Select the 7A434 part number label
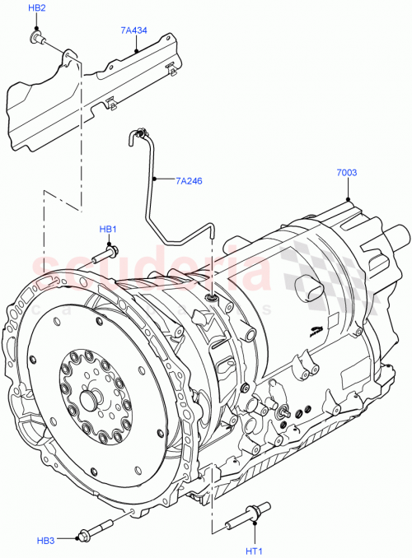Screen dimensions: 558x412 (x=133, y=30)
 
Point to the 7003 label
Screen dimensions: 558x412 (x=347, y=174)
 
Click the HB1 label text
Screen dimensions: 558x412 (x=108, y=229)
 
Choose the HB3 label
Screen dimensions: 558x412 (x=45, y=539)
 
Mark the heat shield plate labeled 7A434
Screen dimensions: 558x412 (x=91, y=91)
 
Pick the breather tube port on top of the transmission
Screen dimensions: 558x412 (x=211, y=295)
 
